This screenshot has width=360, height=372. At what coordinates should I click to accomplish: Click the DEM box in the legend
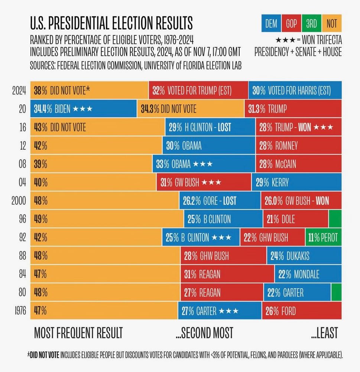click(x=271, y=24)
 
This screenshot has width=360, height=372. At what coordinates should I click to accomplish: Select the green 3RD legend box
click(x=311, y=24)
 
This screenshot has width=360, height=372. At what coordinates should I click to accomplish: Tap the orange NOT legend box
click(x=331, y=24)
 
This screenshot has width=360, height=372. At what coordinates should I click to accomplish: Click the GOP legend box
click(x=291, y=24)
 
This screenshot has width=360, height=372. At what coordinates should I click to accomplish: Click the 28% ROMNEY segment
click(x=298, y=146)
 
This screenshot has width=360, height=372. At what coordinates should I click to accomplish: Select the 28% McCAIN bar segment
click(x=298, y=164)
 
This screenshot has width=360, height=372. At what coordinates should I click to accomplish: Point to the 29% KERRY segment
click(x=296, y=182)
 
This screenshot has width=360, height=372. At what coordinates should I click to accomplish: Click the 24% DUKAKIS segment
click(x=304, y=256)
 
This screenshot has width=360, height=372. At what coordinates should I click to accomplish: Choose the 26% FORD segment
click(x=302, y=310)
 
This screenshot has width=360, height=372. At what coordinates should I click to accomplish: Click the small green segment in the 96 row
click(x=335, y=219)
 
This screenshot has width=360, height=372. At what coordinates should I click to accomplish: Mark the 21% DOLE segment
click(x=295, y=219)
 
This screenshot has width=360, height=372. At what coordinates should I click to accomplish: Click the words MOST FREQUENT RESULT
click(x=78, y=333)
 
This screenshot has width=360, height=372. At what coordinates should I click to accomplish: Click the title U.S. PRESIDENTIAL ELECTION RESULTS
click(x=111, y=23)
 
